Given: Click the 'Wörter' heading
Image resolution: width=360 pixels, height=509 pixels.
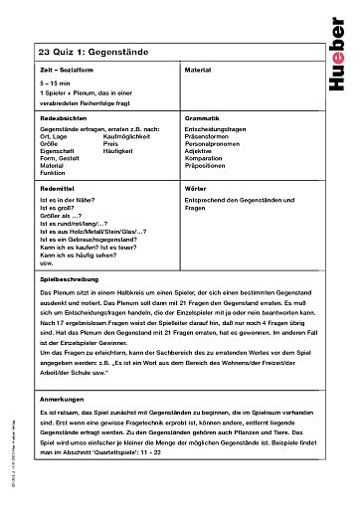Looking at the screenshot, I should (195, 186).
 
